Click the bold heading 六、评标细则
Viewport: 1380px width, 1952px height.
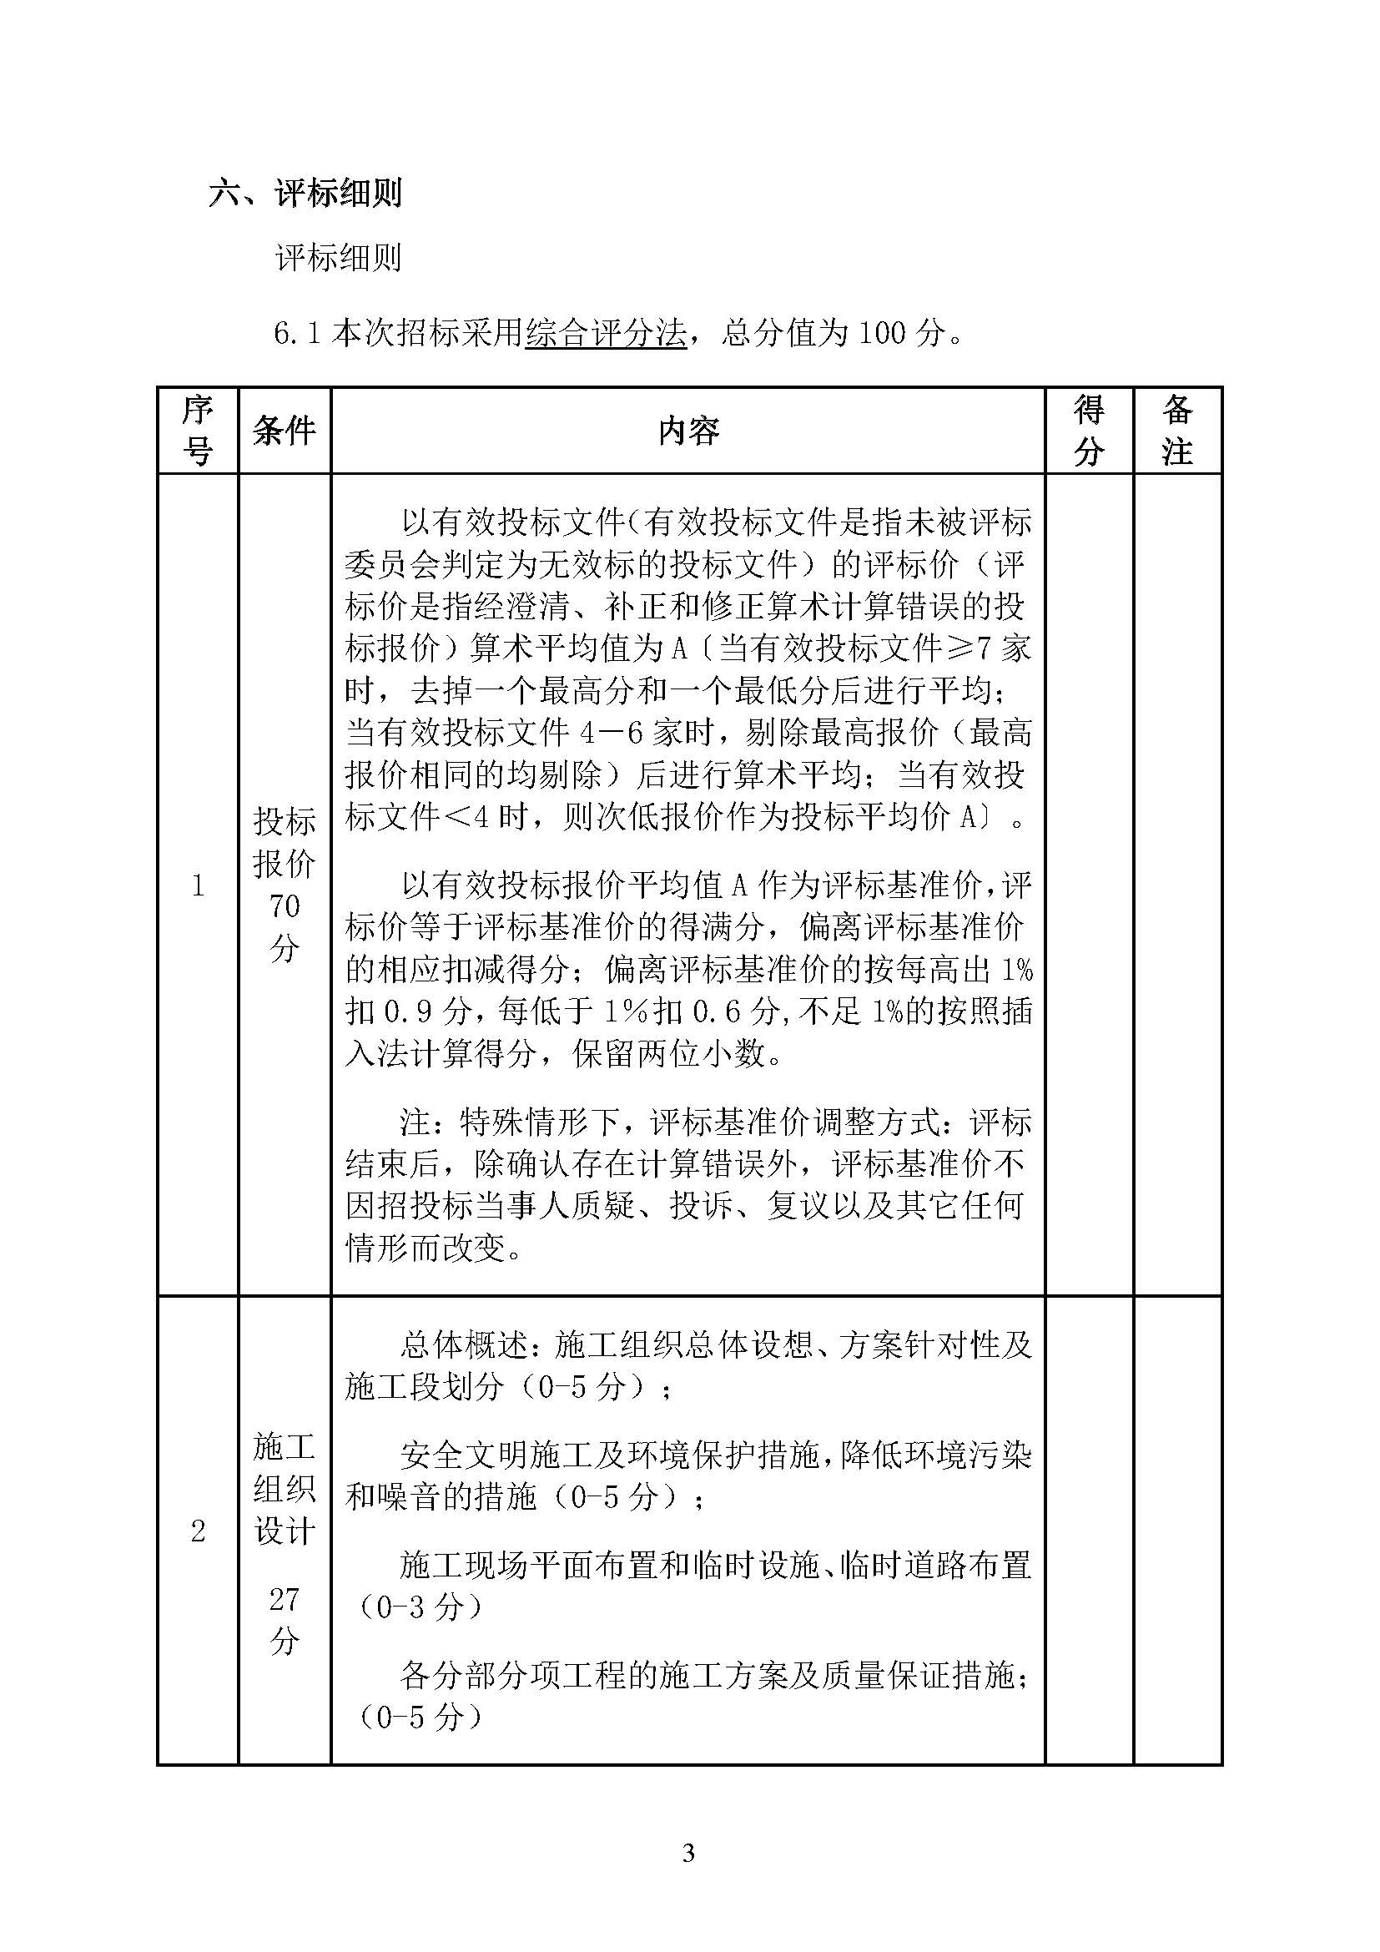coord(305,193)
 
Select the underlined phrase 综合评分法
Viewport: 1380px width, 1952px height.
coord(605,332)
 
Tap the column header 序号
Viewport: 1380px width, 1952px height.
coord(197,430)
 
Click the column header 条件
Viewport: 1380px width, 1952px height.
coord(284,430)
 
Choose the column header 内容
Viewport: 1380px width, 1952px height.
coord(687,431)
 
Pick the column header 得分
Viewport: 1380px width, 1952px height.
coord(1089,430)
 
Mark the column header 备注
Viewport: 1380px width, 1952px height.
coord(1177,430)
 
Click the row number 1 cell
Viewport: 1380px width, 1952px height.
coord(198,886)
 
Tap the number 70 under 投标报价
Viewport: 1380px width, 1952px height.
coord(285,906)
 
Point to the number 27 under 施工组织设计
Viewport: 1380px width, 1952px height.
coord(285,1600)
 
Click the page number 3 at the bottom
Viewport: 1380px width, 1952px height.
coord(688,1853)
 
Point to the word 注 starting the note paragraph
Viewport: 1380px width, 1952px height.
coord(416,1122)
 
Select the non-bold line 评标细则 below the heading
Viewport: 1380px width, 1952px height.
coord(337,258)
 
